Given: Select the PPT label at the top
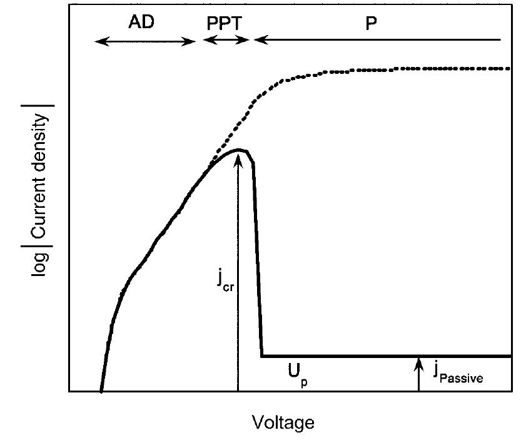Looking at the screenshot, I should tap(225, 23).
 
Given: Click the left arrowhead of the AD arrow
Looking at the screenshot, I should tap(97, 41).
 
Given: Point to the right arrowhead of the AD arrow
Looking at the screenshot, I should tap(193, 41).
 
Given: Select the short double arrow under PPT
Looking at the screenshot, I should tap(226, 40).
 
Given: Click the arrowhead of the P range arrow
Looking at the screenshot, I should tap(256, 40).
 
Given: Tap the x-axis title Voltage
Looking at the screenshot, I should tap(283, 422).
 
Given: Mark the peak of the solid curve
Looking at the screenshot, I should tap(240, 150).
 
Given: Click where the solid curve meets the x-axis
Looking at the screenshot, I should tap(101, 391).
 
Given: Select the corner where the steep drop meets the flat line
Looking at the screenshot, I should tap(262, 356).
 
